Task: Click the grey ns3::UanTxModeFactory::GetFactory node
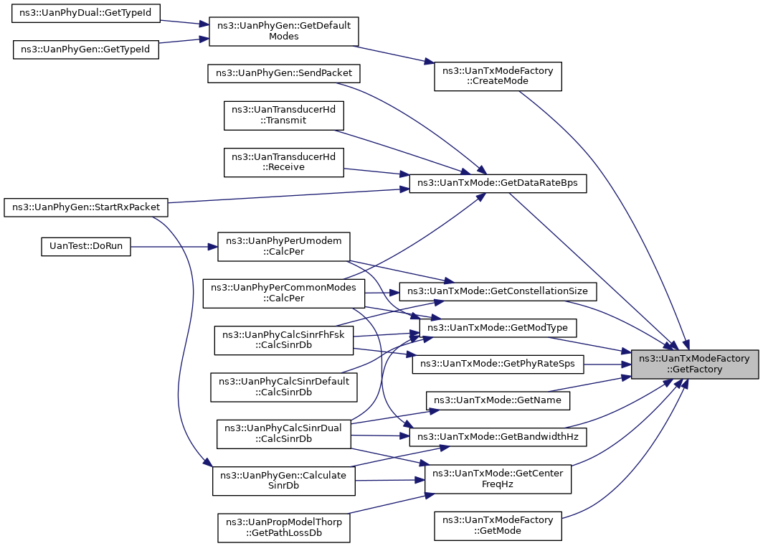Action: click(x=694, y=364)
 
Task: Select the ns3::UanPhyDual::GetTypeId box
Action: click(x=85, y=13)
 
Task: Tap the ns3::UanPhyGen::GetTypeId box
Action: click(x=85, y=50)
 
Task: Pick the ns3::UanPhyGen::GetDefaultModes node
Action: click(x=284, y=31)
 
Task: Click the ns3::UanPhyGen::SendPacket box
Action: click(x=284, y=73)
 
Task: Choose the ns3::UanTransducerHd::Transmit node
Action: click(x=284, y=116)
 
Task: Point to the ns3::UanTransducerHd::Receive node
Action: click(x=284, y=162)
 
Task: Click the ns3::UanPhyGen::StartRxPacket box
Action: click(x=85, y=207)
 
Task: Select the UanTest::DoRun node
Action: click(x=85, y=247)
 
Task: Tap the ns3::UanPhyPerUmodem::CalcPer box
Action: click(x=284, y=247)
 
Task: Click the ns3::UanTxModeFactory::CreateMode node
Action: click(x=498, y=76)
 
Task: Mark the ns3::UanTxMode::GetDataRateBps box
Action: click(x=498, y=183)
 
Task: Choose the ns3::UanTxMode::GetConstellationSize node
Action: click(x=498, y=291)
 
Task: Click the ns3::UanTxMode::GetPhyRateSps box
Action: click(x=498, y=364)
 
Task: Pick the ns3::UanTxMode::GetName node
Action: click(x=498, y=400)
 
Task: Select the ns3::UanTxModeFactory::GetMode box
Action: click(x=498, y=525)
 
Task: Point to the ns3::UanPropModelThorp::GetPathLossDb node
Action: click(x=284, y=527)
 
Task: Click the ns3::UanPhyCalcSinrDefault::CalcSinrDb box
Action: click(x=284, y=387)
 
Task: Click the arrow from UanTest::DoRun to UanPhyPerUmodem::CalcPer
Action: click(x=174, y=247)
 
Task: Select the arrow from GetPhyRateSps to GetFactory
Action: click(x=607, y=364)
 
